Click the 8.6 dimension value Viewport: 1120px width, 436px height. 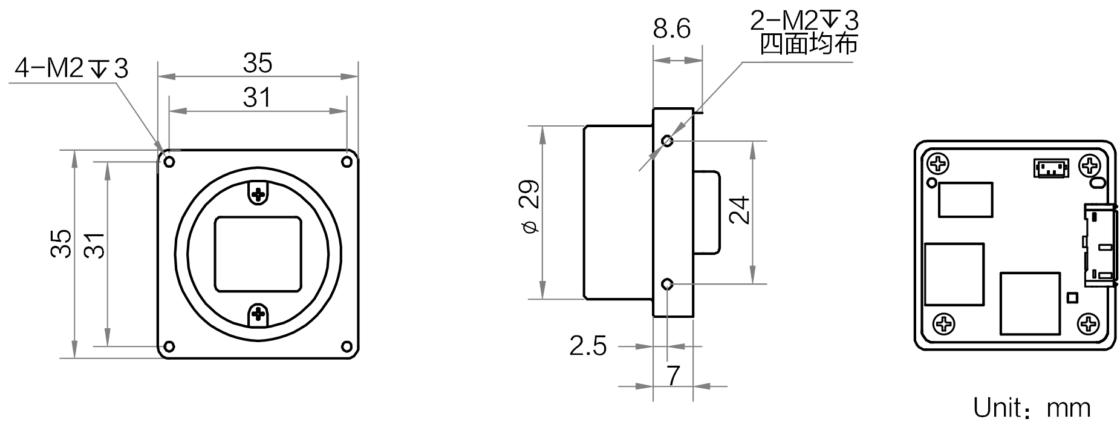coord(671,29)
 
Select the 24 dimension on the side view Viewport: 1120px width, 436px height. coord(739,210)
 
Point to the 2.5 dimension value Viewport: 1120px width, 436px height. coord(588,346)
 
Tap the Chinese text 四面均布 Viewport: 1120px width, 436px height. coord(809,44)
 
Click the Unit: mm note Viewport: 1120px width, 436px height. coord(1032,408)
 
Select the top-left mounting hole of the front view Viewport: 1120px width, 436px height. coord(169,162)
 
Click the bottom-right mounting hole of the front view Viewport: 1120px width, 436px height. coord(347,347)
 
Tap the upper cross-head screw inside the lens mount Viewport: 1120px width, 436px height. coord(258,194)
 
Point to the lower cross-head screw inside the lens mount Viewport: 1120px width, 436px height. coord(258,314)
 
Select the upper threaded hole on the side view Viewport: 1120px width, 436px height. coord(667,141)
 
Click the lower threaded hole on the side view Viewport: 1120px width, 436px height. coord(667,284)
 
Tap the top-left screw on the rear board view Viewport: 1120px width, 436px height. coord(938,164)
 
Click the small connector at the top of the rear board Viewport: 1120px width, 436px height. coord(1051,168)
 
